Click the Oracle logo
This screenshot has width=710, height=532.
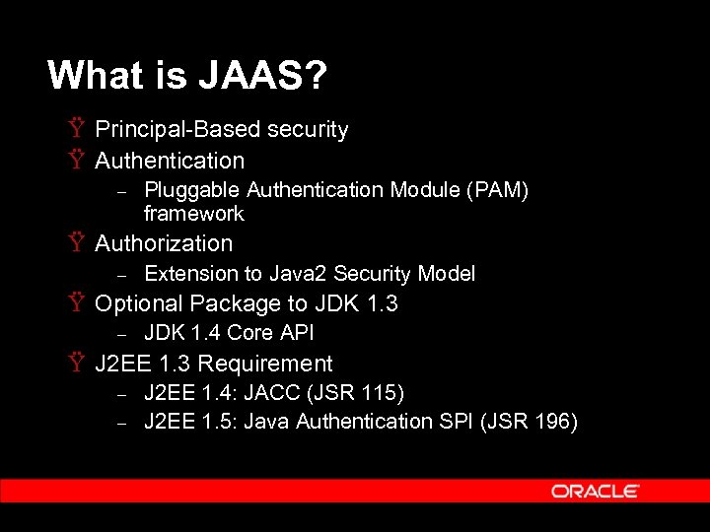[595, 491]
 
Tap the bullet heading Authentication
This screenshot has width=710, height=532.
[170, 160]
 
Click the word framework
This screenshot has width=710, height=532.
[193, 213]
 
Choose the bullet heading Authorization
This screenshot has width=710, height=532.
[164, 242]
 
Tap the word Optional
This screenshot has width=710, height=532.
[139, 303]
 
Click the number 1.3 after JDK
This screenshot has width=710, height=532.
[382, 303]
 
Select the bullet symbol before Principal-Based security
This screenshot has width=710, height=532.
[76, 129]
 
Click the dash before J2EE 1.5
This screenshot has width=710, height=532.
[123, 423]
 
